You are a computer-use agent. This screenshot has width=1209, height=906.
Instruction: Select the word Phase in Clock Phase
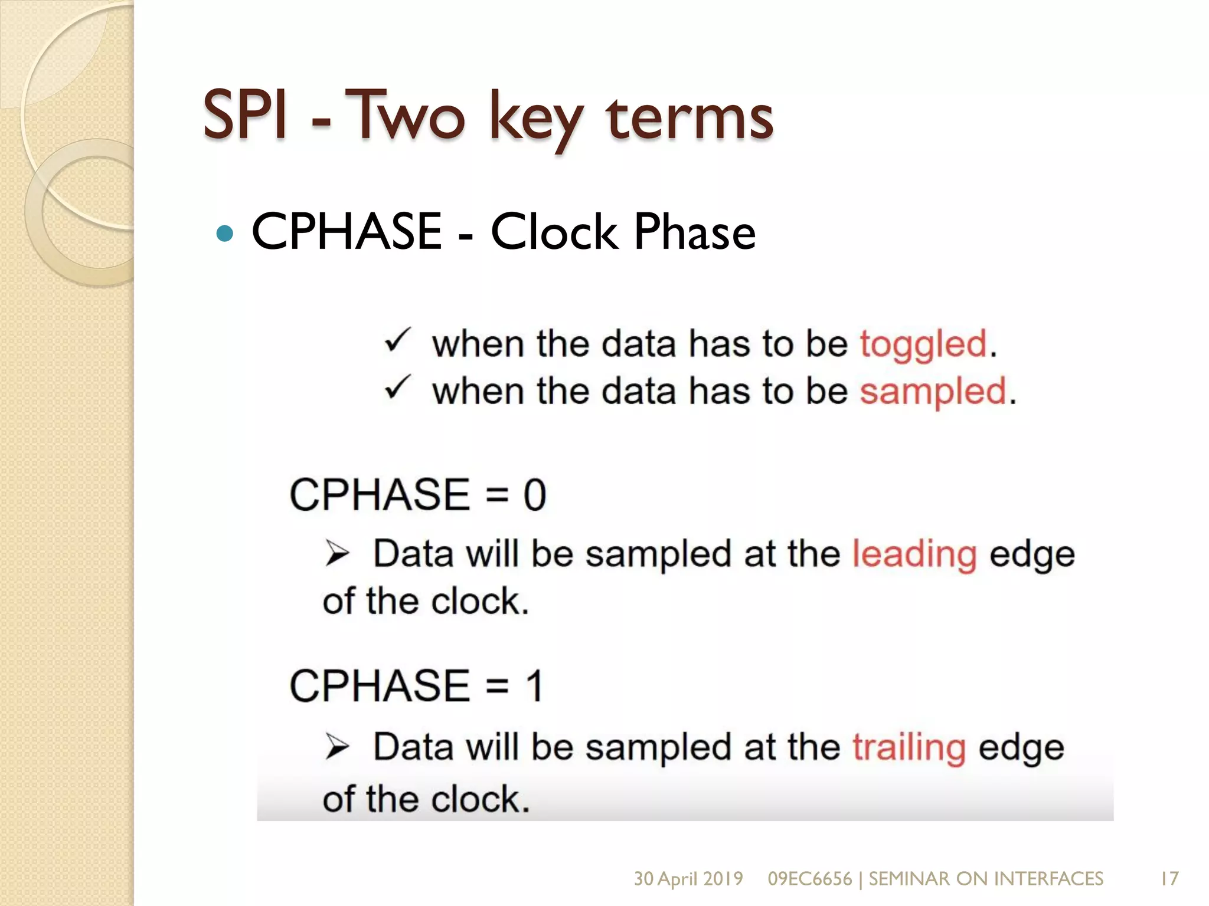(x=694, y=232)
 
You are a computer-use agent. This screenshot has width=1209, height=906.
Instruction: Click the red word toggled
(x=923, y=344)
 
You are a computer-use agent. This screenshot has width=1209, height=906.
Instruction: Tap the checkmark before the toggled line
(x=397, y=341)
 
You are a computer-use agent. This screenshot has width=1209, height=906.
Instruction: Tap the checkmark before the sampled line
(x=397, y=388)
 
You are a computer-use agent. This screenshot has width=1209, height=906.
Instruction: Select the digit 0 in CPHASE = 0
(x=534, y=495)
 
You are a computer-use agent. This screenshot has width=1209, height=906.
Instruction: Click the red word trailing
(x=909, y=748)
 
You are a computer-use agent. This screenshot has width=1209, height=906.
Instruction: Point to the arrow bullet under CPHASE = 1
(x=337, y=747)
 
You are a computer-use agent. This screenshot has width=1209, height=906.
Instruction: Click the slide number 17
(x=1169, y=879)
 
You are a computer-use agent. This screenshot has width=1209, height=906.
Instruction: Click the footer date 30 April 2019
(x=688, y=879)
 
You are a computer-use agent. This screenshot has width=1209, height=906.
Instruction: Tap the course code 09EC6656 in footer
(x=809, y=879)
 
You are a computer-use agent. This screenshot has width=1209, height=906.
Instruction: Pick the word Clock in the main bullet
(x=553, y=232)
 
